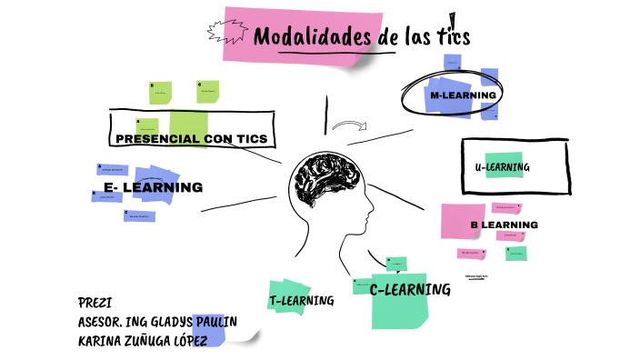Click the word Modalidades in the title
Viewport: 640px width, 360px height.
tap(313, 38)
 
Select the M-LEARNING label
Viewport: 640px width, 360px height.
tap(463, 95)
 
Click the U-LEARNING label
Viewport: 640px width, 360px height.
tap(502, 167)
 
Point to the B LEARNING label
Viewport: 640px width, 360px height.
tap(504, 225)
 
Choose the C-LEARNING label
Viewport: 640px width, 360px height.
tap(409, 289)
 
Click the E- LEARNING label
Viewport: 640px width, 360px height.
tap(153, 187)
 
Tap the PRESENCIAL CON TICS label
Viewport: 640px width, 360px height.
tap(191, 139)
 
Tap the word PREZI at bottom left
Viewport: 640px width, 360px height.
tap(95, 303)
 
